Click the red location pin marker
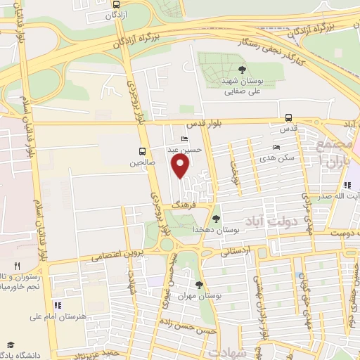coord(181,166)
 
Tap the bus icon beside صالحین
coord(143,151)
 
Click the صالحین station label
coord(141,162)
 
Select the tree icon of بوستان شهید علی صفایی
coord(243,70)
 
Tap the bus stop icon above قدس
coord(288,118)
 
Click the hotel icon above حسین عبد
coord(184,139)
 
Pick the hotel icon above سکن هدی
coord(276,148)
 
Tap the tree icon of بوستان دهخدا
coord(216,219)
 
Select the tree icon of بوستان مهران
coord(200,284)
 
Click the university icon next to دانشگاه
coord(11,344)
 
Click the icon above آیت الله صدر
coord(347,186)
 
